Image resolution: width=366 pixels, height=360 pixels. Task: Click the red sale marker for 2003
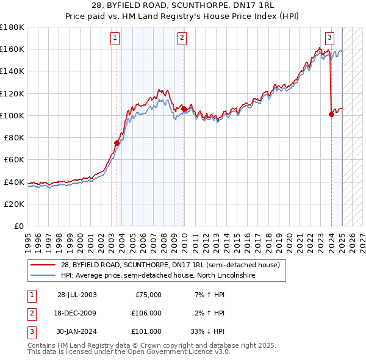point(117,143)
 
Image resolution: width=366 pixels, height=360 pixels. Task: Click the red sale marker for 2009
point(184,109)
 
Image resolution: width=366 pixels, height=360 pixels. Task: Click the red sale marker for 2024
point(331,114)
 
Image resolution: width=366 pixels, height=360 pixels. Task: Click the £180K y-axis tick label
point(12,27)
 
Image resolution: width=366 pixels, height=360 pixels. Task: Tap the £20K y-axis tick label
point(14,204)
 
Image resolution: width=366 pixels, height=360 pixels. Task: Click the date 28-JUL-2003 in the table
point(76,295)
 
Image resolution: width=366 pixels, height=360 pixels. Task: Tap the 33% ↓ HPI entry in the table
point(207,331)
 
